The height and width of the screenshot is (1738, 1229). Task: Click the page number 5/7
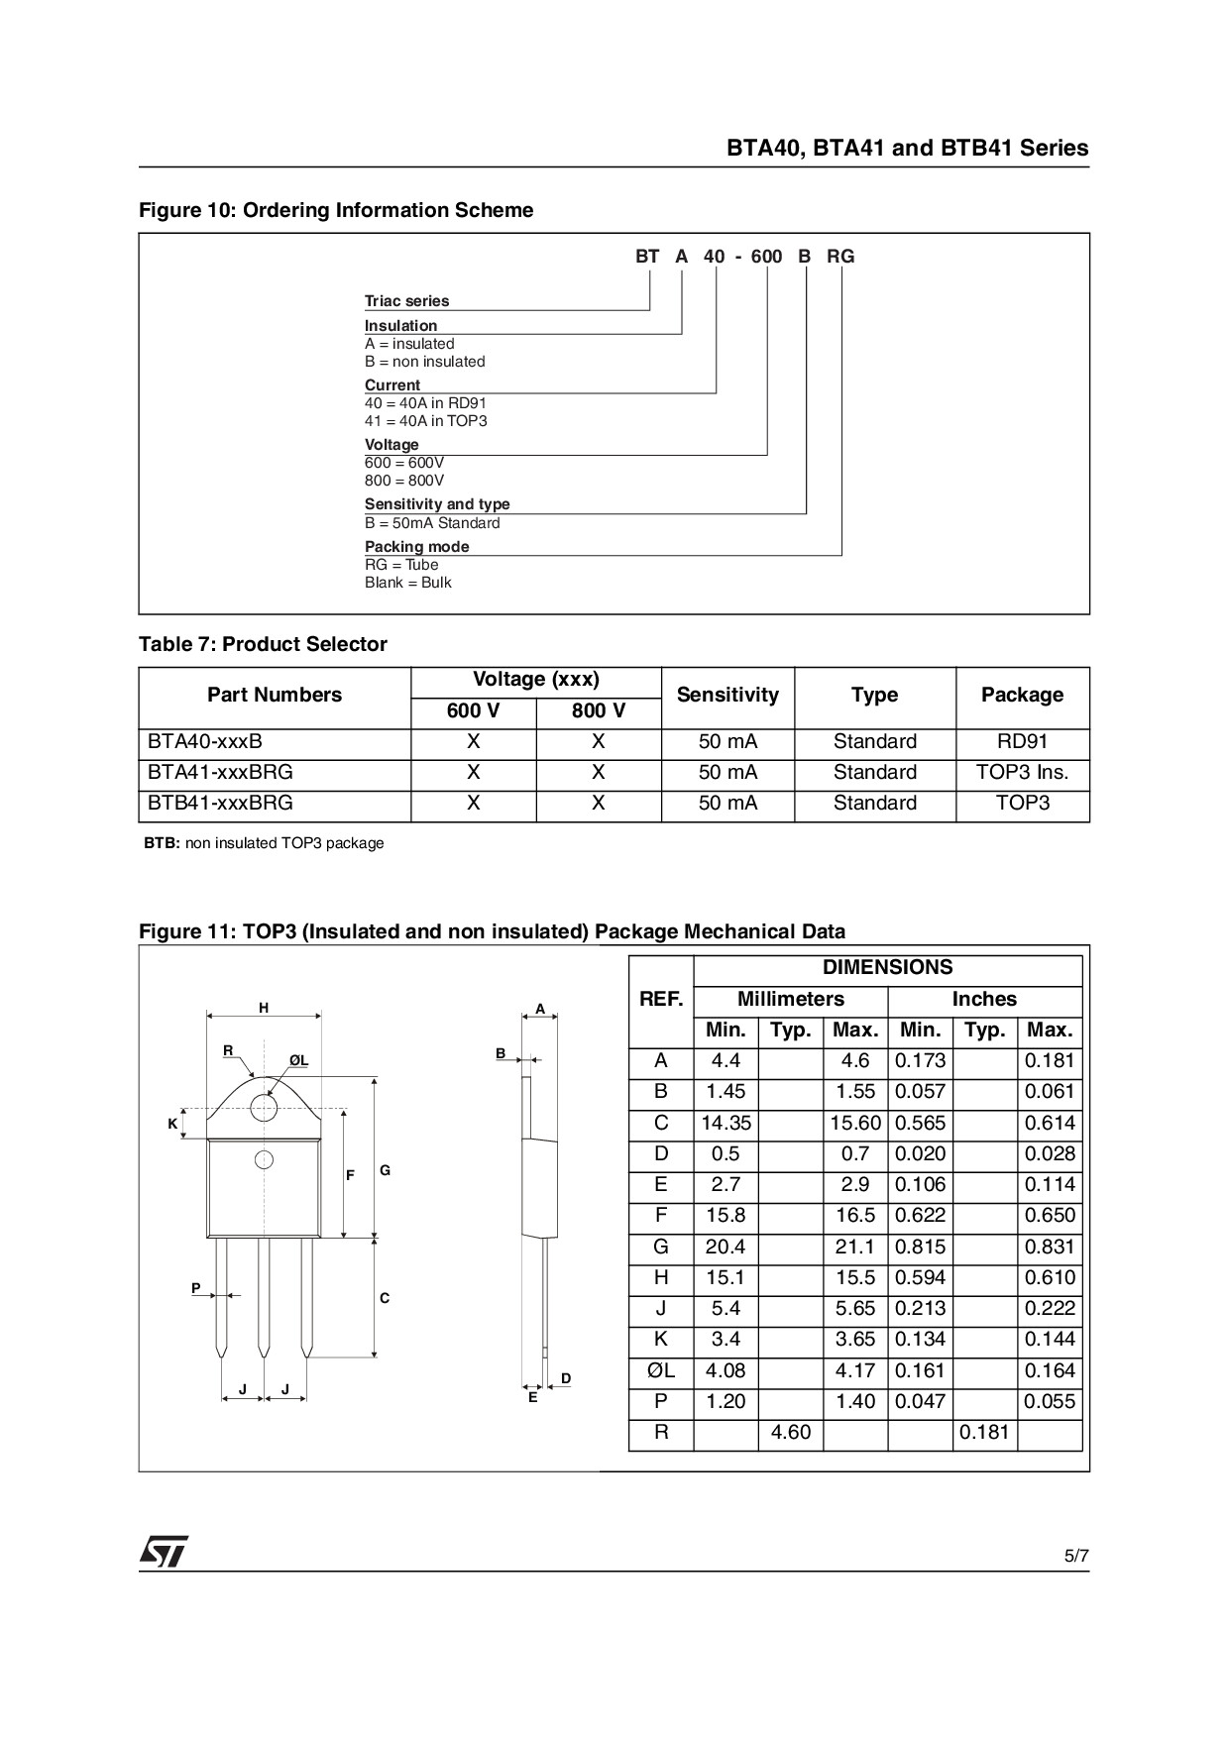1076,1556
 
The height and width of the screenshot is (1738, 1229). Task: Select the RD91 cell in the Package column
1022,741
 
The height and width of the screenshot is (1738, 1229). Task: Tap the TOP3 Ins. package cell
1022,772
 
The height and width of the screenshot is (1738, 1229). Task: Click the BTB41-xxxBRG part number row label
220,803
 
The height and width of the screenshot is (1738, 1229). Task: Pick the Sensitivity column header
727,695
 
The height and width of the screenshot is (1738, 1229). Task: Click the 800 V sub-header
599,710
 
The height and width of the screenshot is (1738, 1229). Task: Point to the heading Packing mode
416,546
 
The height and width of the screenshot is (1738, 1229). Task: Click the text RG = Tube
401,565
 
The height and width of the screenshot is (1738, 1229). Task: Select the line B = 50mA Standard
432,523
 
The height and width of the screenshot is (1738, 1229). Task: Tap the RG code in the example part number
840,257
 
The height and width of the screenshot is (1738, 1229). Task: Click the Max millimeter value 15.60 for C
855,1123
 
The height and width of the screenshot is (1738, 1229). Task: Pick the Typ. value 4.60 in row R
790,1432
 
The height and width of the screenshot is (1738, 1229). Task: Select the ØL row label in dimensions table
661,1370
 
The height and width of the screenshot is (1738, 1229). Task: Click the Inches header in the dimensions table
984,999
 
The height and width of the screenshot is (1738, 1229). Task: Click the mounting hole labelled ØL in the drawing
264,1107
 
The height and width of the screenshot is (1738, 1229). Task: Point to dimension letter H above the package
264,1008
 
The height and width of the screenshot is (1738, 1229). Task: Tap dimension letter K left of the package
172,1124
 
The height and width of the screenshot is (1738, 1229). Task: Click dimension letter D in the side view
566,1378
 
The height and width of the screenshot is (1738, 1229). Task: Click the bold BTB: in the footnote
163,843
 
